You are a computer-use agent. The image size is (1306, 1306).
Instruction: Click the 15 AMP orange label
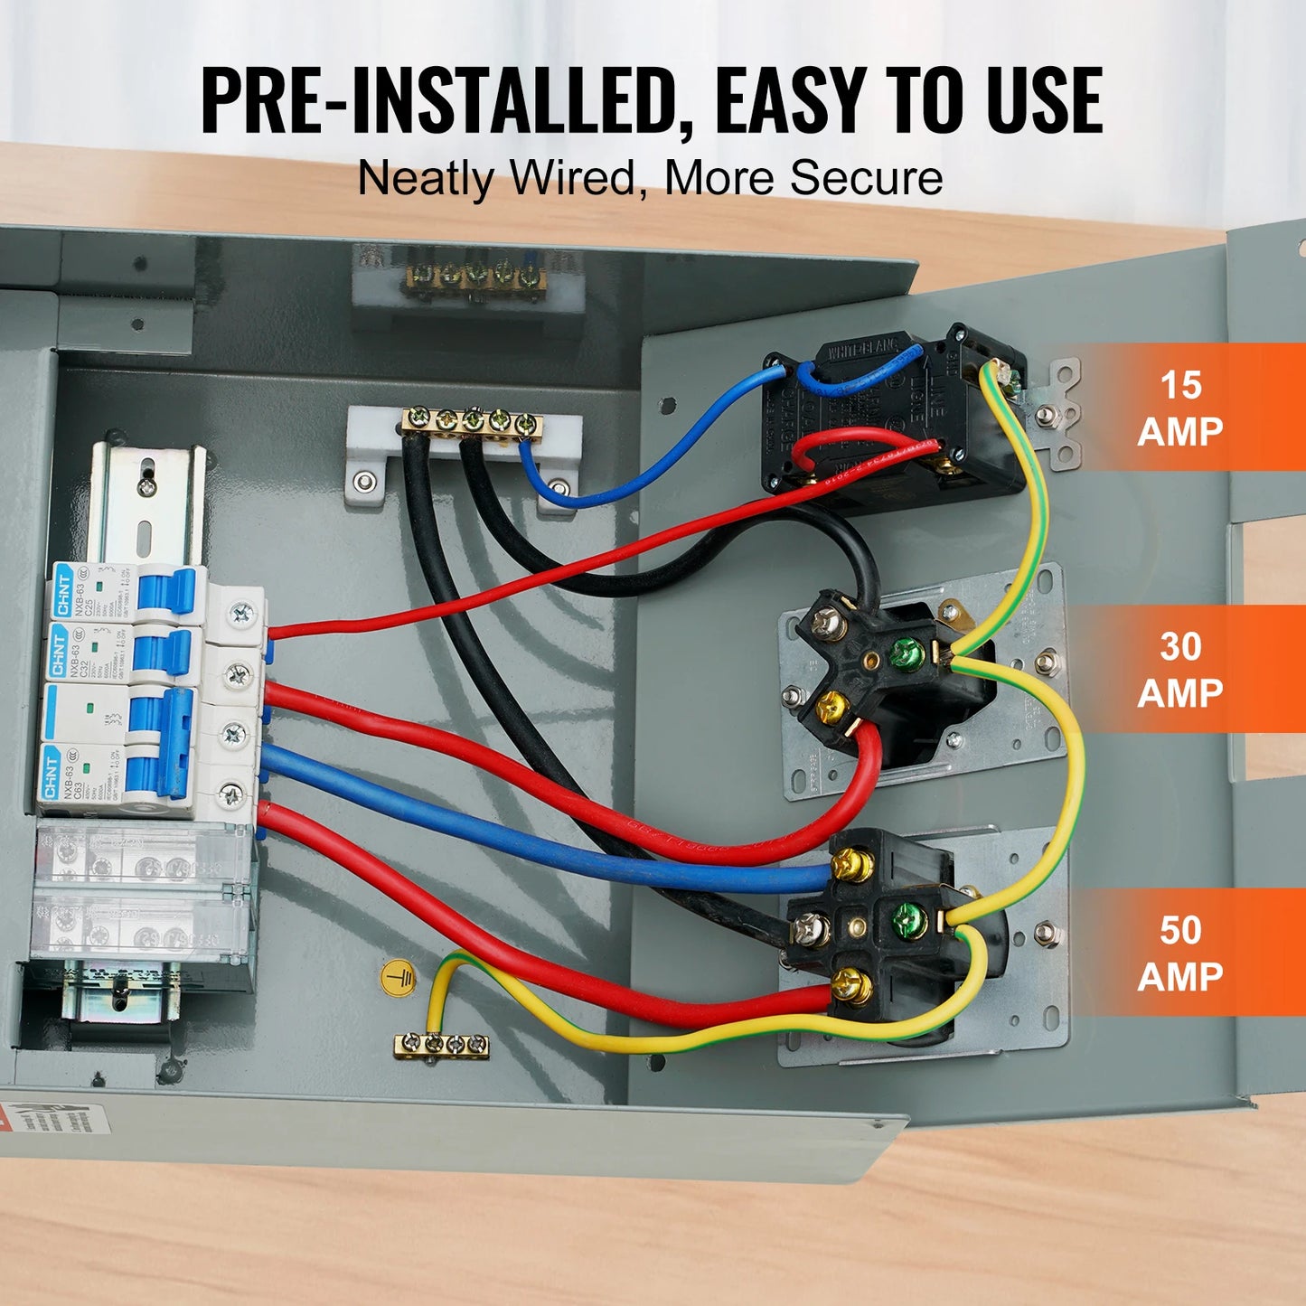(1179, 408)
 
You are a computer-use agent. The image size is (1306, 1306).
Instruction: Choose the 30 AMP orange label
(1179, 669)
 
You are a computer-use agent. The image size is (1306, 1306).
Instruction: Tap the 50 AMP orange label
(1179, 953)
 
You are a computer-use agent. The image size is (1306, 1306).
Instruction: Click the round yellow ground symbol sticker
(398, 979)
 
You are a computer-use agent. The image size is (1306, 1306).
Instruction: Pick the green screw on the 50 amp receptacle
(907, 919)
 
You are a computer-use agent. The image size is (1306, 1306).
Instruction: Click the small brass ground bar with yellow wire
(442, 1046)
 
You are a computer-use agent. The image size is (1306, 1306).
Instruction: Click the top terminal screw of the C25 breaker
(240, 615)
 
